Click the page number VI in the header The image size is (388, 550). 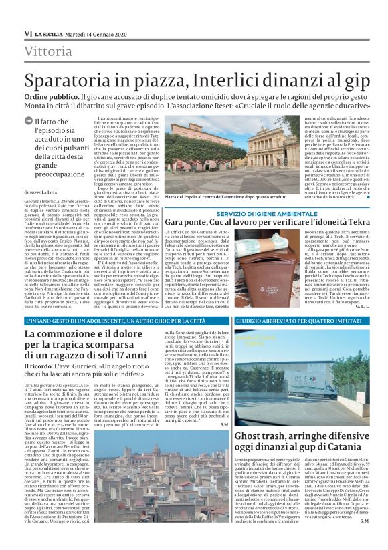tap(28, 33)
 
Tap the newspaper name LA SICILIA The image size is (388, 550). tap(50, 33)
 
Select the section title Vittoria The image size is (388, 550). tap(50, 51)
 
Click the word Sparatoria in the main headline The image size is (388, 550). tap(80, 80)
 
